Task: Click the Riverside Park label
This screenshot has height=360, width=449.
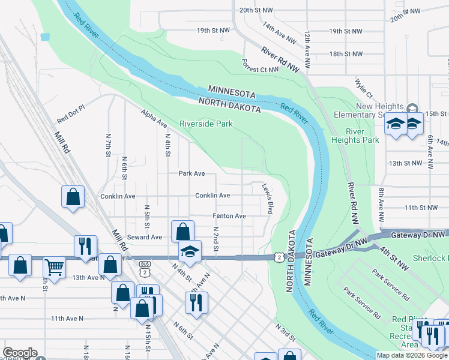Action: (206, 124)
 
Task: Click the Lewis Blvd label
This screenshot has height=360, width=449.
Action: (268, 199)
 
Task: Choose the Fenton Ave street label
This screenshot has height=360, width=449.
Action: (229, 216)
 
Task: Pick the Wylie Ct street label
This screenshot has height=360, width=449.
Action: (364, 89)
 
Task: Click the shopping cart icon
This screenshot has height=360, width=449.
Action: (54, 267)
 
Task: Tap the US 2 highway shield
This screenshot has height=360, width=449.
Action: (278, 257)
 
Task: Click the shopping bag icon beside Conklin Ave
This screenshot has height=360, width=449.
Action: (72, 196)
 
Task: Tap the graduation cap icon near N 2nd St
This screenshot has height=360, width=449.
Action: (189, 251)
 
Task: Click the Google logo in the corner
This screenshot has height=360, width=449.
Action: (20, 353)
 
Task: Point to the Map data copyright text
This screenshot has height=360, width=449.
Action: (412, 356)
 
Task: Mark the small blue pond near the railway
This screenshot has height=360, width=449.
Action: (44, 37)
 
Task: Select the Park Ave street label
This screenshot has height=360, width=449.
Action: (191, 173)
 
